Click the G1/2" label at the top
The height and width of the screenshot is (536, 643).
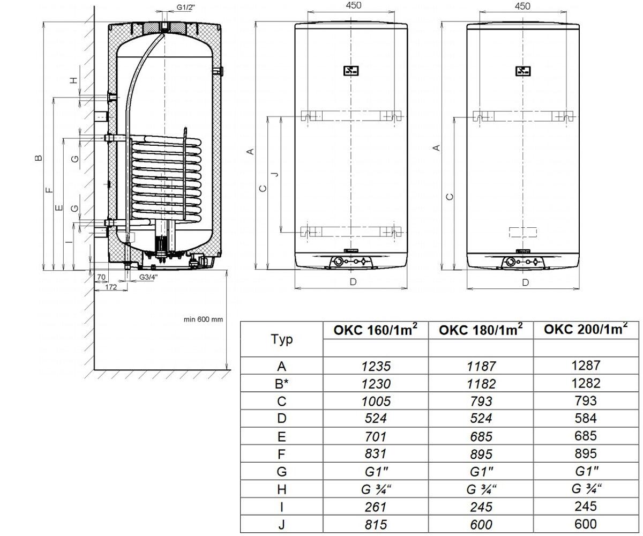click(186, 7)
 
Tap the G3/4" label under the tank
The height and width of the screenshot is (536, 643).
click(148, 277)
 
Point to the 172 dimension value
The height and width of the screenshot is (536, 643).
click(111, 287)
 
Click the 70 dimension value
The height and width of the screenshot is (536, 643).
click(101, 277)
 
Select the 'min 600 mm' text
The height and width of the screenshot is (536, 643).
click(203, 319)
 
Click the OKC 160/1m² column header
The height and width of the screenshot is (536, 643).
click(376, 330)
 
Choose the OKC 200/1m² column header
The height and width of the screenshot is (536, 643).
click(586, 329)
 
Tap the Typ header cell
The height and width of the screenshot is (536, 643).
click(281, 339)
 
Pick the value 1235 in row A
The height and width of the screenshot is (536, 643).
click(376, 366)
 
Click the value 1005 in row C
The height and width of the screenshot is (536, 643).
click(376, 401)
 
